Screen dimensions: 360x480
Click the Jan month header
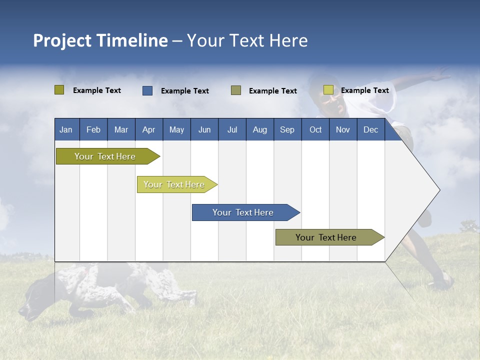tap(66, 129)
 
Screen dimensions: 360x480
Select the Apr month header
tap(148, 129)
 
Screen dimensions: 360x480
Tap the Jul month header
tap(232, 129)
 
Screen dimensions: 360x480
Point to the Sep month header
tap(287, 129)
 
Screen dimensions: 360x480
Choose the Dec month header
tap(370, 129)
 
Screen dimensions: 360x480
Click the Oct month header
tap(315, 129)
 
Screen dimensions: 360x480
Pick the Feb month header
tap(93, 129)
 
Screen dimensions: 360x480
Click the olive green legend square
tap(59, 90)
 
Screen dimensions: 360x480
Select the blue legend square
tap(147, 90)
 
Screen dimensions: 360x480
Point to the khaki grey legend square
tap(236, 90)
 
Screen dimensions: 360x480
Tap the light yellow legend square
tap(328, 90)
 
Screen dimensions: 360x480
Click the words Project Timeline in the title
tap(100, 40)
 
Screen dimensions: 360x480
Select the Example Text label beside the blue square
tap(185, 91)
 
